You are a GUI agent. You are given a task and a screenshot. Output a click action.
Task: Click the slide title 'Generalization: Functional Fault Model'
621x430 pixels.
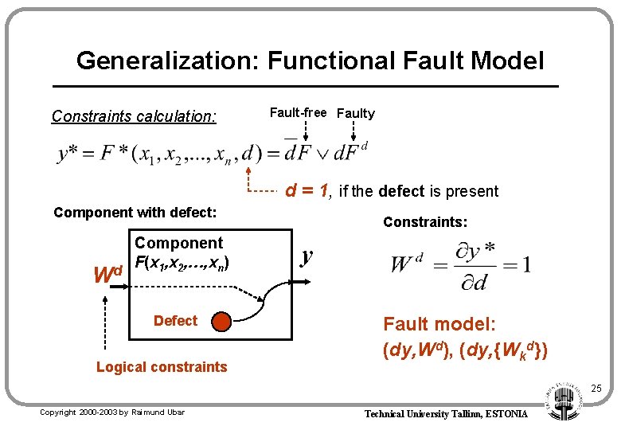pos(310,61)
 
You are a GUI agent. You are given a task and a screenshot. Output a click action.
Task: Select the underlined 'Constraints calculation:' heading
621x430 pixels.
pos(134,116)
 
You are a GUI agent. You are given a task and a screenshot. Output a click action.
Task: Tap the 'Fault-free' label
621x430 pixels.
pos(298,112)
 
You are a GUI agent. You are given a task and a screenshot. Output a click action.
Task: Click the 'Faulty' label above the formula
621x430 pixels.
pos(356,113)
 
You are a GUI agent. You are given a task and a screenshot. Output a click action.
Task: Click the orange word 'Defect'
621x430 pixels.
pos(175,321)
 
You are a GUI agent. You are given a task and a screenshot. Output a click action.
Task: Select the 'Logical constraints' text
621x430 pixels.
pos(162,367)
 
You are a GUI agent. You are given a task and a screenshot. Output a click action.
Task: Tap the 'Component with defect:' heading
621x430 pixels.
pos(135,213)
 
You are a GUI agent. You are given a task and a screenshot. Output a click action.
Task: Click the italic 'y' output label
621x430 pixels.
pos(307,256)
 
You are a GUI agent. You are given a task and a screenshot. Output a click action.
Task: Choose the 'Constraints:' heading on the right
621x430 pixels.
pos(425,222)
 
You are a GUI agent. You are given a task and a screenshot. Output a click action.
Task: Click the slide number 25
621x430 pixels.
pos(596,389)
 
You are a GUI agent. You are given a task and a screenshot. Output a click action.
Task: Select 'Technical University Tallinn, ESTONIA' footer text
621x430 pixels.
pos(446,414)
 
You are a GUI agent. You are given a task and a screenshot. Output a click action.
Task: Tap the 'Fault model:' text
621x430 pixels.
pos(439,324)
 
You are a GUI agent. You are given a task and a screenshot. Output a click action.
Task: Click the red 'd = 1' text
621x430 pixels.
pos(308,191)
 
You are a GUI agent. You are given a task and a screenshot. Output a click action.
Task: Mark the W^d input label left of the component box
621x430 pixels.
pos(107,275)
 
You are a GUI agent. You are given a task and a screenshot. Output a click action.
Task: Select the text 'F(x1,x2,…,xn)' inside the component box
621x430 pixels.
pos(184,261)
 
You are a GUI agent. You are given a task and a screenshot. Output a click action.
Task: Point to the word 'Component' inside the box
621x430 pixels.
pos(179,243)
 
